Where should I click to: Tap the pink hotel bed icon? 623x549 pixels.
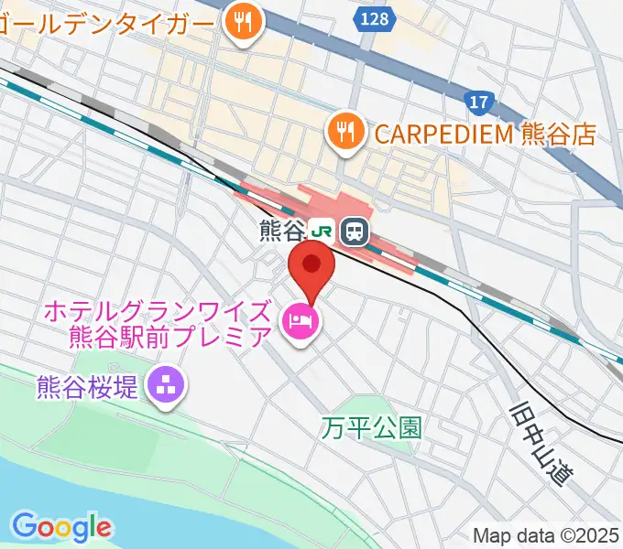(x=301, y=321)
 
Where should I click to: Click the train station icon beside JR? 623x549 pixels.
(x=354, y=231)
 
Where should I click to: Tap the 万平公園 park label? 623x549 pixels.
(x=371, y=426)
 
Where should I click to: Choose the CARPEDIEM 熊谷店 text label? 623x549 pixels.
(x=484, y=135)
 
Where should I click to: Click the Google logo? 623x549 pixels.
(x=61, y=527)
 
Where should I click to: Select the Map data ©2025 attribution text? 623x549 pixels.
(x=546, y=534)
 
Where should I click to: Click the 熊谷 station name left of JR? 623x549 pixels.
(x=281, y=231)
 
